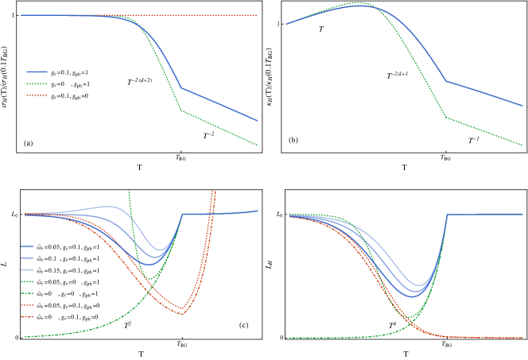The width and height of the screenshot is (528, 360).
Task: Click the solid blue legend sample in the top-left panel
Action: pos(37,72)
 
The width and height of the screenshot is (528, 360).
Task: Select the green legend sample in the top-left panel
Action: pos(37,83)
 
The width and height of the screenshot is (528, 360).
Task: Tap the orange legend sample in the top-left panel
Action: pos(37,95)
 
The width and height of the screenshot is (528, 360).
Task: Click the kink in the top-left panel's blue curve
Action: pos(181,88)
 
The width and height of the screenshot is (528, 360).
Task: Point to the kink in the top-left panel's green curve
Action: pos(181,110)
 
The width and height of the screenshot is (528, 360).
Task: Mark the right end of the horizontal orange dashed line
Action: pos(257,15)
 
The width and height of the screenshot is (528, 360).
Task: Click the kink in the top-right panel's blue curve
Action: pos(446,81)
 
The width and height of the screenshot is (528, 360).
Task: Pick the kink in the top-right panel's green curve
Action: pos(446,118)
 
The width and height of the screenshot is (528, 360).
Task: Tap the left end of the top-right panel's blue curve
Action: pos(286,25)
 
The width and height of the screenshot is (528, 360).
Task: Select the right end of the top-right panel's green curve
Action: pos(522,145)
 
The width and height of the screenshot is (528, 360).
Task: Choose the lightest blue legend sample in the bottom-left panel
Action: pos(27,269)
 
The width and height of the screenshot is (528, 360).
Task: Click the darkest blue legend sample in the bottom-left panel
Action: pos(27,246)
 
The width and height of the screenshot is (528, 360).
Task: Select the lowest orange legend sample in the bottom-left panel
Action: pos(27,316)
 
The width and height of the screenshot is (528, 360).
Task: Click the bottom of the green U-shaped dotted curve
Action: pos(149,279)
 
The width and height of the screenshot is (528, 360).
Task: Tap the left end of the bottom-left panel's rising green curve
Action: pos(25,336)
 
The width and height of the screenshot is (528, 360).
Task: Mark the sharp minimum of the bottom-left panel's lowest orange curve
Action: pos(182,315)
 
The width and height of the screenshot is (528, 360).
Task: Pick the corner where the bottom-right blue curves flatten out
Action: pos(447,215)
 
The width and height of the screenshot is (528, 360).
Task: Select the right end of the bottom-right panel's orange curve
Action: pos(522,338)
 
